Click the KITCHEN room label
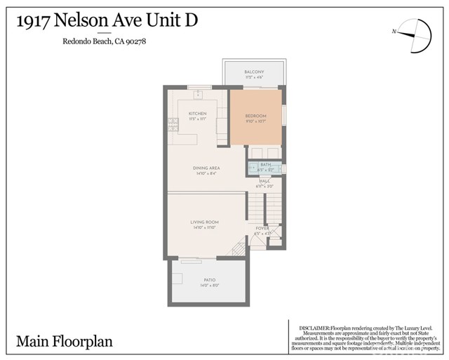click(197, 113)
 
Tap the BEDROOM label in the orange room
click(255, 116)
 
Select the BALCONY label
click(253, 72)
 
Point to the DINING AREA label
click(207, 168)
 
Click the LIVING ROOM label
click(205, 222)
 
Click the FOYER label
click(262, 228)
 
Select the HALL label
click(264, 180)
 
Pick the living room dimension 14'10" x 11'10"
click(205, 227)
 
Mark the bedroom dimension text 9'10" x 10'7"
click(255, 121)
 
